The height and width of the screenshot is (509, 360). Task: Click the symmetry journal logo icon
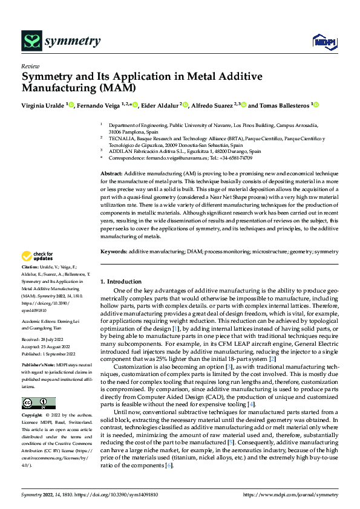pos(31,41)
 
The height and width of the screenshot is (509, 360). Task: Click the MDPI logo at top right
pos(324,41)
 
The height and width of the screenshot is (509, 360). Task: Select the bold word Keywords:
pos(114,251)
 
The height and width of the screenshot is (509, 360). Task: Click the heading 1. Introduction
pos(121,282)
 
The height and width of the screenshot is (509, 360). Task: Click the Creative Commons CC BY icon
pos(39,403)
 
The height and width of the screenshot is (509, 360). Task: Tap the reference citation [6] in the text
pos(171,448)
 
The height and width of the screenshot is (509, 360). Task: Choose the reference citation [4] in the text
pos(252,404)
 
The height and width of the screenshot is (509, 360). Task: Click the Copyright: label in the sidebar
pos(33,416)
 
